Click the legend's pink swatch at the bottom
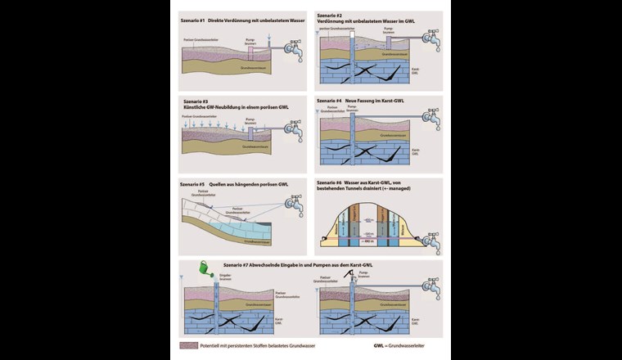(185, 346)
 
